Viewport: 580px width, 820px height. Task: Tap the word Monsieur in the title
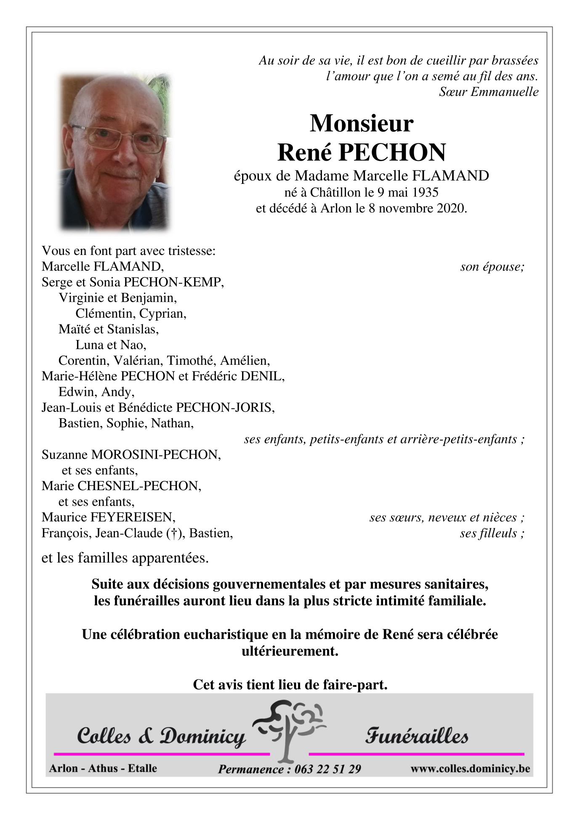point(362,124)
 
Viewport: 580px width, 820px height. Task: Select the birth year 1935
point(425,192)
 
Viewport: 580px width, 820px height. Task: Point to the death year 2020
point(450,208)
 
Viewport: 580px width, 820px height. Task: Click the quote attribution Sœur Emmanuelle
point(488,92)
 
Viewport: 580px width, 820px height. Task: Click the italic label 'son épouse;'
point(492,267)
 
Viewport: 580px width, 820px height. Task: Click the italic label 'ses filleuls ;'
point(492,533)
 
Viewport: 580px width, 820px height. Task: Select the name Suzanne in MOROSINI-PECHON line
point(65,455)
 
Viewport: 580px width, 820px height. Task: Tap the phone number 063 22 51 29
point(327,770)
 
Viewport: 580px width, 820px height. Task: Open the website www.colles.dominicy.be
point(470,769)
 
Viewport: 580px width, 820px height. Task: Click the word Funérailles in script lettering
point(416,736)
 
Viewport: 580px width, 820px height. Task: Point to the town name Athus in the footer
point(103,769)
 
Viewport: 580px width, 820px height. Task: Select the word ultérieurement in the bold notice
point(290,651)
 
